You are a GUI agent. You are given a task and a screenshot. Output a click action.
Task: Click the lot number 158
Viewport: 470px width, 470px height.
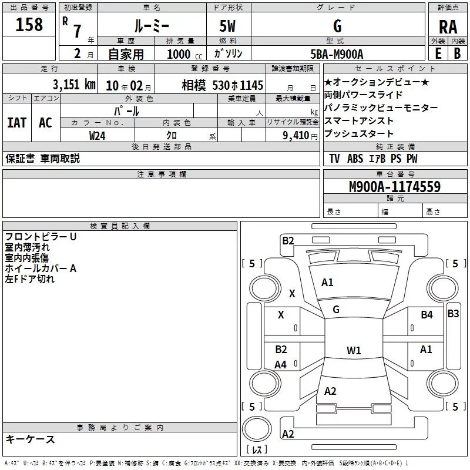pos(29,25)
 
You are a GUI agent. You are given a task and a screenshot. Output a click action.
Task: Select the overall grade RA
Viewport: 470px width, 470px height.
pos(448,26)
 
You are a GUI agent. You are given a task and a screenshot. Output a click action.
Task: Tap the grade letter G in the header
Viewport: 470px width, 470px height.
pos(337,26)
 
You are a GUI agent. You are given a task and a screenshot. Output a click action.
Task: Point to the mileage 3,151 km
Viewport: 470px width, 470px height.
pos(73,84)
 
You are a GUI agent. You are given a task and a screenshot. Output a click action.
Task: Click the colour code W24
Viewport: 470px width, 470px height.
pos(98,135)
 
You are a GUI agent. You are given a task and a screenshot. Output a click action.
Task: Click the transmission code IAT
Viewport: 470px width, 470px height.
pos(16,122)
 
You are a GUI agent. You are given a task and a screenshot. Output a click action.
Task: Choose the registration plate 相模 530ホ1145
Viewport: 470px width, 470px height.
pos(222,85)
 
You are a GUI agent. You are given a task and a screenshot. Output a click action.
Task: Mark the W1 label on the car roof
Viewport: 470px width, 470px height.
pos(354,351)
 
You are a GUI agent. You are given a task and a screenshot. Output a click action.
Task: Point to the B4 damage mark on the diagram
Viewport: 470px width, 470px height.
pos(427,315)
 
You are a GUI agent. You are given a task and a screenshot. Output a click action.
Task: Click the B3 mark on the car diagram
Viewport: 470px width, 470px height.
pos(453,313)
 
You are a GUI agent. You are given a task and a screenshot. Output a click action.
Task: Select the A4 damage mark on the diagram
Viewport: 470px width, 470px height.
pos(281,365)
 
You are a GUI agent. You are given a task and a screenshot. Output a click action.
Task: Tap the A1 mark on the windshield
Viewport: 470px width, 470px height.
pos(327,283)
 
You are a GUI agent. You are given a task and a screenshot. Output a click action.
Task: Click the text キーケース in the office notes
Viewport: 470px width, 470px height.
pos(30,439)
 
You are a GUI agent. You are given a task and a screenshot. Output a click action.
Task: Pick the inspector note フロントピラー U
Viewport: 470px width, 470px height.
pos(41,237)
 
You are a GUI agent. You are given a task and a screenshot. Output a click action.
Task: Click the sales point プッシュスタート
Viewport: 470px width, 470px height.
pos(359,133)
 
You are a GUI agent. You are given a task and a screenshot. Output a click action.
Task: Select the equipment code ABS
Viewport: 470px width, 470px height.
pos(355,159)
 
